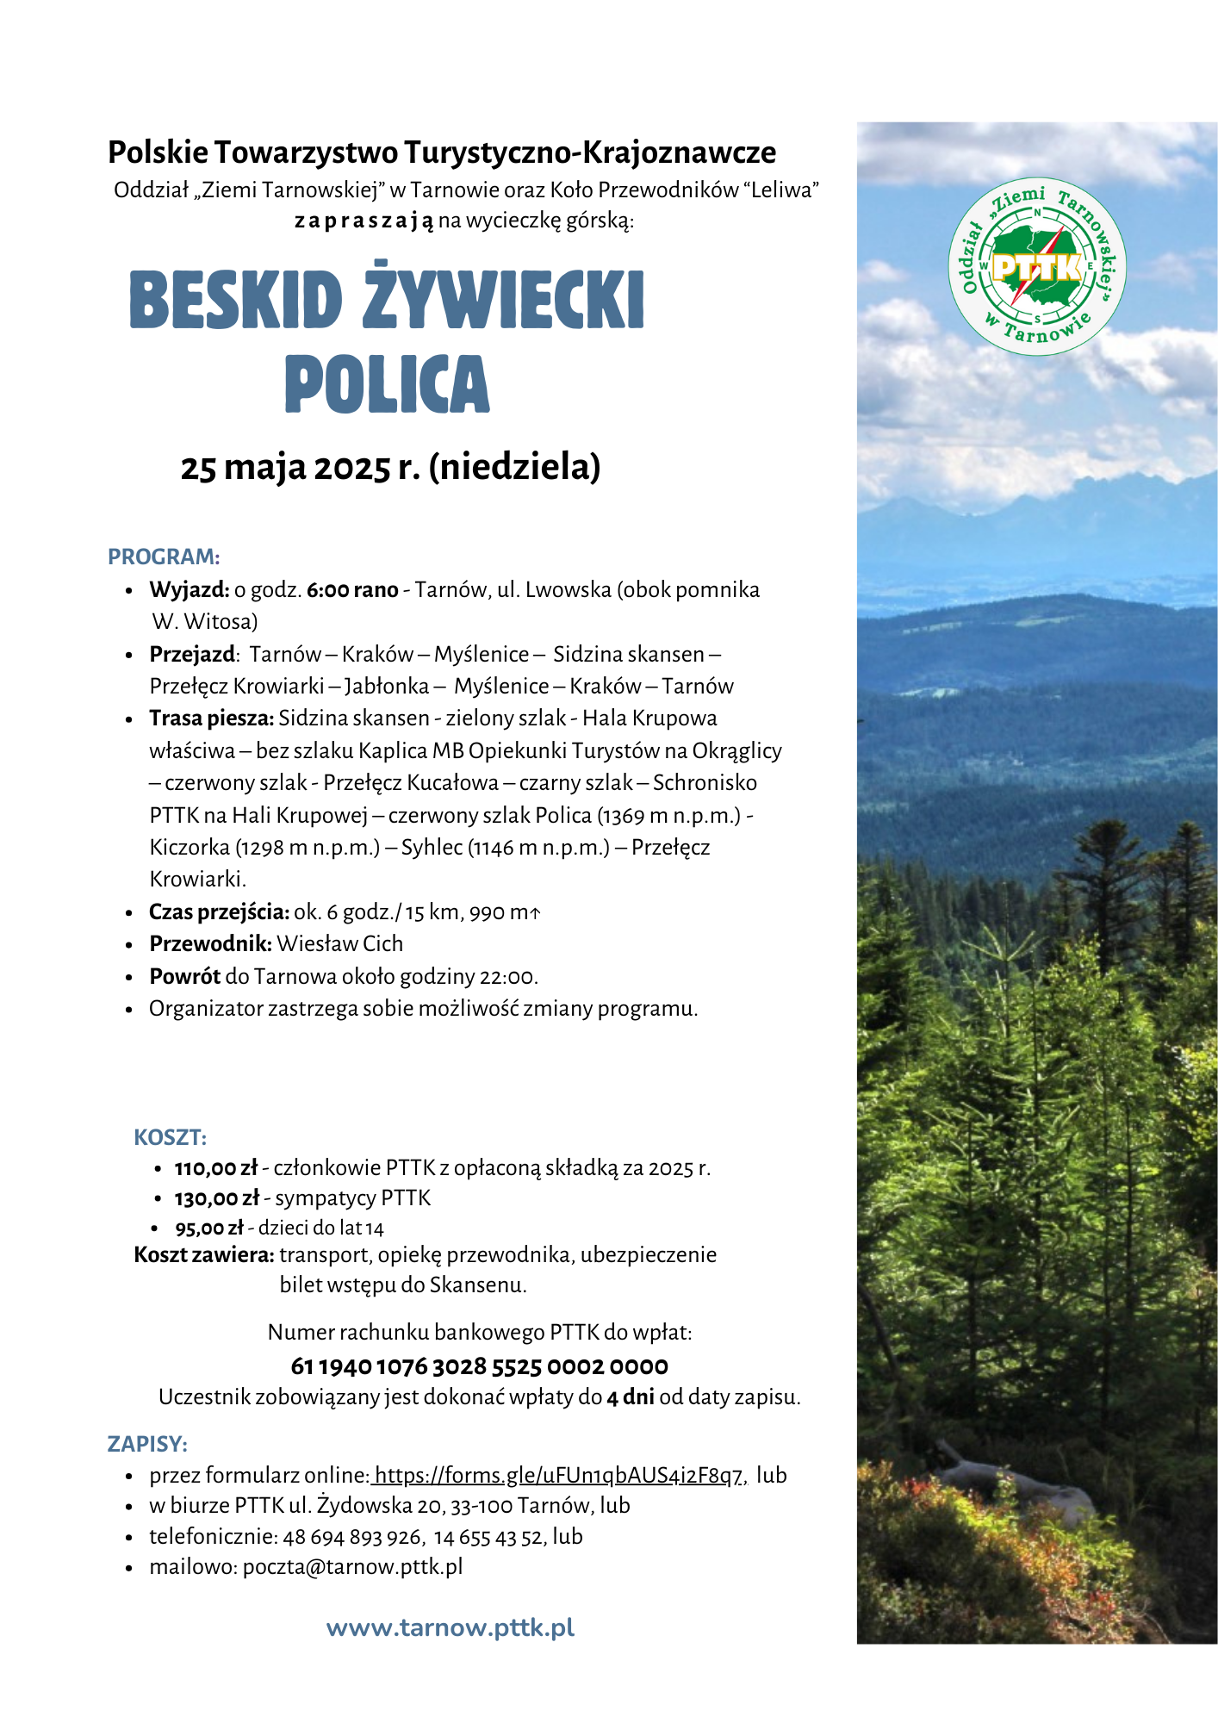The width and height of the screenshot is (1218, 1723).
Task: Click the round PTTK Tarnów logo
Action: (x=1036, y=266)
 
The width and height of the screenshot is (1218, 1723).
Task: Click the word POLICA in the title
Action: (x=387, y=383)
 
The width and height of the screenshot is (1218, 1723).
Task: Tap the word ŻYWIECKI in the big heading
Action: (x=503, y=299)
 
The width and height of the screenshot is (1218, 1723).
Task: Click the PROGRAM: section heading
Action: (x=164, y=557)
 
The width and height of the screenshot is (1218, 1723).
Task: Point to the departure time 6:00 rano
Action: (x=352, y=590)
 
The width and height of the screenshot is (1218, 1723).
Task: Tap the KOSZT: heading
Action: (x=170, y=1137)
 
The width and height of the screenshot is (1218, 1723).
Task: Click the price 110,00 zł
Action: (x=215, y=1168)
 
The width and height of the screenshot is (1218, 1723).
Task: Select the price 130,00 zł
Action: (x=216, y=1198)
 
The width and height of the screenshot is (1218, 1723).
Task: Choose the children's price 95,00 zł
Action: (x=209, y=1228)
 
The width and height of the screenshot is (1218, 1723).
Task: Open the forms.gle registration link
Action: (x=559, y=1476)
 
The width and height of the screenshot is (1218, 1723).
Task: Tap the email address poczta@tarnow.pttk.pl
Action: (x=352, y=1567)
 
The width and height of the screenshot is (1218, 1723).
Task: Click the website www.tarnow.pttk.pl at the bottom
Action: (x=451, y=1628)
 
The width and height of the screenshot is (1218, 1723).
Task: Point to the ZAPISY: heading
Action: (x=147, y=1444)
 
